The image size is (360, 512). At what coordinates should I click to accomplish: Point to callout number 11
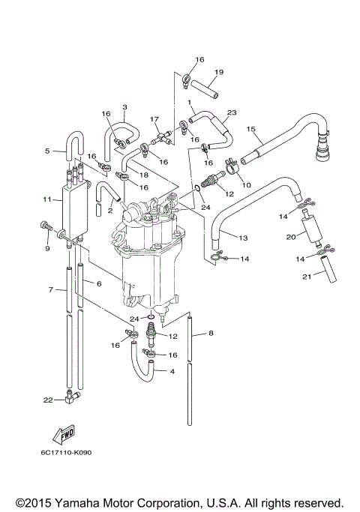pos(46,200)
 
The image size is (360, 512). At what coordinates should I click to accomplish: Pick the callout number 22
pos(47,400)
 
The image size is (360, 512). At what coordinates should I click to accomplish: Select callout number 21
pos(306,277)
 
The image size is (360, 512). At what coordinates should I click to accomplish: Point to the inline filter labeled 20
pos(309,230)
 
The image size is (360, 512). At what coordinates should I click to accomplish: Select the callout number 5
pos(46,151)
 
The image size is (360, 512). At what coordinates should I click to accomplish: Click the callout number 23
pos(232,112)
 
